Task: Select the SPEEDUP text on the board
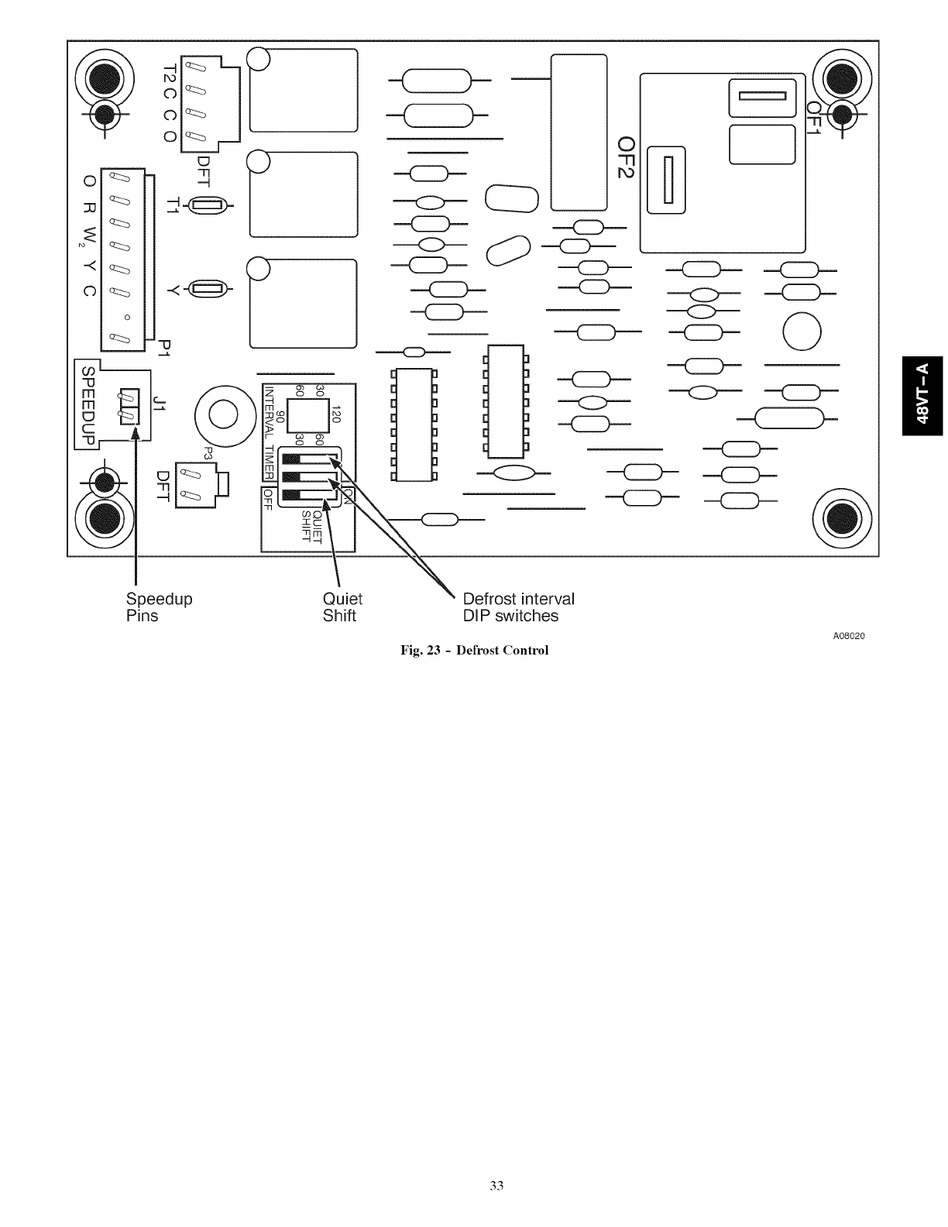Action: (88, 405)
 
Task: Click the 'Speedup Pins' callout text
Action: (158, 607)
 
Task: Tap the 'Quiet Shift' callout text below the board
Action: (342, 607)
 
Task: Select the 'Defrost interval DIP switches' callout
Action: (518, 607)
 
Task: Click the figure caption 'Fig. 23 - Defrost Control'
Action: (474, 650)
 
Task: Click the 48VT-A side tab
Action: (924, 394)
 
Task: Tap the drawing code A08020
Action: (848, 636)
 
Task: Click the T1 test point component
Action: (207, 206)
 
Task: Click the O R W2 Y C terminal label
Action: (89, 236)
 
